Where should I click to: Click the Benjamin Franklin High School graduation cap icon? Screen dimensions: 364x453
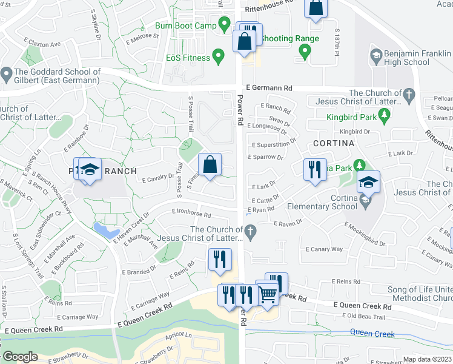coord(375,57)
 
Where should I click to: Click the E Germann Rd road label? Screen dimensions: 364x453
coord(268,89)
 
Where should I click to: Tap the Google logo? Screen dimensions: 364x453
coord(20,357)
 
